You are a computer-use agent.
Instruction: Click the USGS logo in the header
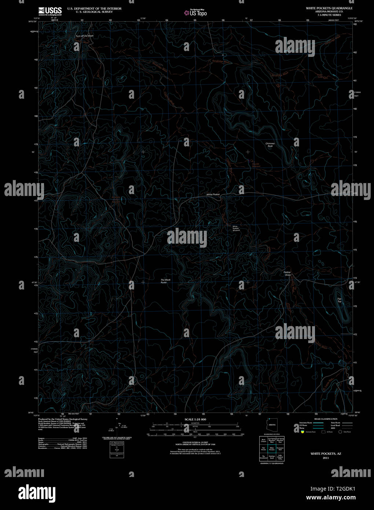(x=50, y=11)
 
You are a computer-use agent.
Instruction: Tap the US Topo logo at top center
(x=195, y=12)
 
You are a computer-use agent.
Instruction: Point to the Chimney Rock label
(x=270, y=145)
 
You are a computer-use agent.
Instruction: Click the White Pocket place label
(x=213, y=194)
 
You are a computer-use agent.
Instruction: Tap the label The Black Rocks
(x=165, y=281)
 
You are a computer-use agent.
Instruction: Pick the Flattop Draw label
(x=287, y=273)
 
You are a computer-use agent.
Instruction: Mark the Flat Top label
(x=339, y=300)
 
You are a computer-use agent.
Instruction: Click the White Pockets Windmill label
(x=236, y=228)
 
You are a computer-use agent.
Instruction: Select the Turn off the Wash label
(x=84, y=36)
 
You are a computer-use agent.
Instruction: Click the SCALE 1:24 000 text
(x=195, y=419)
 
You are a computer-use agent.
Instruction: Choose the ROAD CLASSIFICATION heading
(x=326, y=419)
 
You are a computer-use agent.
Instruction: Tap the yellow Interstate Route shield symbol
(x=302, y=432)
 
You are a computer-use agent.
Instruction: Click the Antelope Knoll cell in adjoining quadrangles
(x=272, y=457)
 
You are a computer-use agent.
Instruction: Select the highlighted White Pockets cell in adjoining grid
(x=272, y=448)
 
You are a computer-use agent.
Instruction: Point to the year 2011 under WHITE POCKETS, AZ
(x=326, y=458)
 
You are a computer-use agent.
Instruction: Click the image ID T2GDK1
(x=343, y=489)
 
